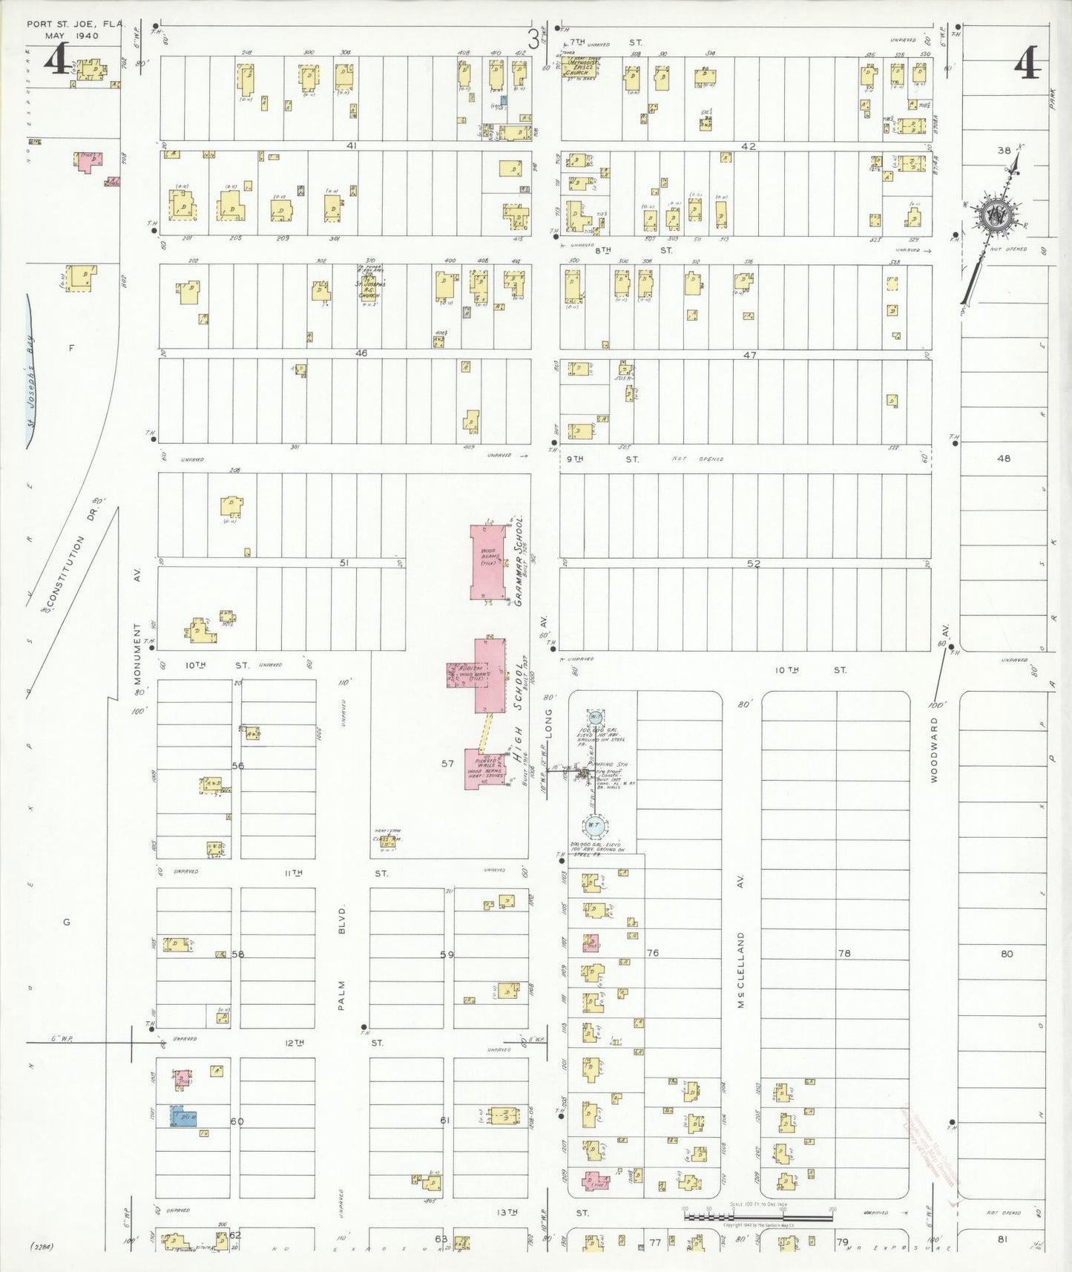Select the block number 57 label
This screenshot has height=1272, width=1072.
(x=447, y=763)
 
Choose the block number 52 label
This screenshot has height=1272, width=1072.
(x=754, y=564)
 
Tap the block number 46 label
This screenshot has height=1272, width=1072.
(x=361, y=353)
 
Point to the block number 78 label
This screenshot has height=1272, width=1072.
(x=844, y=953)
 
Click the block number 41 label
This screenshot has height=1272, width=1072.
(x=351, y=146)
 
